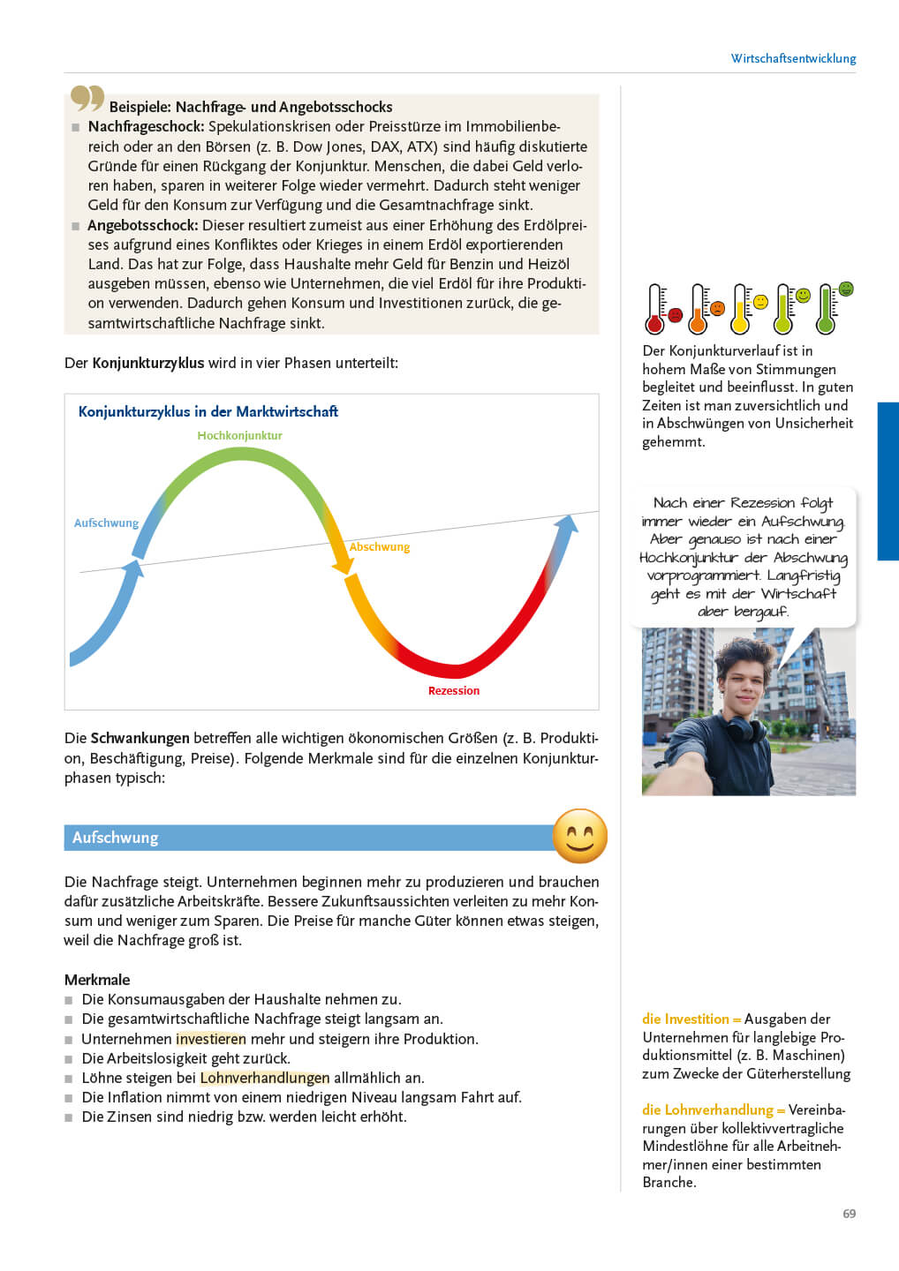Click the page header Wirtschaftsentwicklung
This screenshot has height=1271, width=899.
(x=793, y=58)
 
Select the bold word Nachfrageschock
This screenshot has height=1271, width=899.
(x=146, y=127)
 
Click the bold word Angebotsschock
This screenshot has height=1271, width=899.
(x=142, y=225)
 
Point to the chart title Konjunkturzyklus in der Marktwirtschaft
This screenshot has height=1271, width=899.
(x=208, y=411)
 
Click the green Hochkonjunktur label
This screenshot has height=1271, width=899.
(x=239, y=435)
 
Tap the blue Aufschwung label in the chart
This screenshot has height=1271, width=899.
(x=106, y=523)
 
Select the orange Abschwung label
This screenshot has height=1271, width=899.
(x=380, y=547)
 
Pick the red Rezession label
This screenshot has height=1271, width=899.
(x=454, y=691)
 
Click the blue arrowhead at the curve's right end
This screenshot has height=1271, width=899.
(x=566, y=526)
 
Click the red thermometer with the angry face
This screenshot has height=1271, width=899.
(x=656, y=309)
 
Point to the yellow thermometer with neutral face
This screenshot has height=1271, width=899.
(x=742, y=309)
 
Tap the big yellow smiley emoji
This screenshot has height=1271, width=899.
(x=579, y=836)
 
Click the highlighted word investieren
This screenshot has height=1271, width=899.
(x=211, y=1039)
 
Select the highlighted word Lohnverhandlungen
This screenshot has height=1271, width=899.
(x=265, y=1078)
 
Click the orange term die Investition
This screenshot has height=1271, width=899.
(x=686, y=1019)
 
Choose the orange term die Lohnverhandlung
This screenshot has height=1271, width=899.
(x=707, y=1109)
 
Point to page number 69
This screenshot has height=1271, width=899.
(x=849, y=1214)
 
